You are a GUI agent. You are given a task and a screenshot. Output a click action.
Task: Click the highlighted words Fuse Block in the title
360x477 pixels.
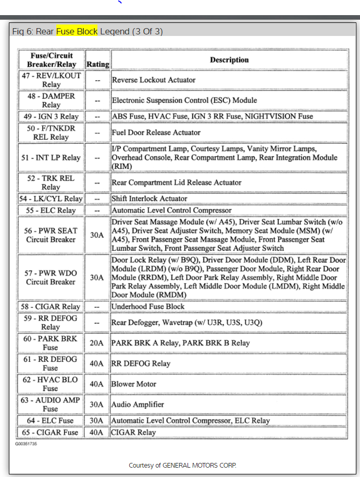(77, 31)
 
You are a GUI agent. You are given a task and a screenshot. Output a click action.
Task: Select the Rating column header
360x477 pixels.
(97, 64)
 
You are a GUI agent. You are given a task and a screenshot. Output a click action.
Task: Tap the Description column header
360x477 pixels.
(229, 60)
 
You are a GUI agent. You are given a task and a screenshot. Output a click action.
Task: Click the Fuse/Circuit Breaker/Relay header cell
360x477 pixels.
(51, 60)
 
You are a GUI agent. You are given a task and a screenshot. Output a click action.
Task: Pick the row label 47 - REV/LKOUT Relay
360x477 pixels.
(51, 80)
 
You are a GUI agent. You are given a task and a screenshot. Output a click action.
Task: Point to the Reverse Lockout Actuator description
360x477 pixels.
(154, 80)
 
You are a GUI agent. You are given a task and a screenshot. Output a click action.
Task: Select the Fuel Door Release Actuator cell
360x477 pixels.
(156, 132)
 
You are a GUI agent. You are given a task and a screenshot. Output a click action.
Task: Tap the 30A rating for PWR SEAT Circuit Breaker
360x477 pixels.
(97, 235)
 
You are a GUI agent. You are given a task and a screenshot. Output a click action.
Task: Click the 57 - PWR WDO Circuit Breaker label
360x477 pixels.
(51, 277)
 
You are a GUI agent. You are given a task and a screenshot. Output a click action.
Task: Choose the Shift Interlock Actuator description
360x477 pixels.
(149, 199)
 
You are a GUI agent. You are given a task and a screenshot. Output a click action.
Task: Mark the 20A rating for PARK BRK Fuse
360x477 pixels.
(97, 343)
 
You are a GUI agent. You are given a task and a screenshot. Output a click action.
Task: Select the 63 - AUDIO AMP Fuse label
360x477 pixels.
(51, 404)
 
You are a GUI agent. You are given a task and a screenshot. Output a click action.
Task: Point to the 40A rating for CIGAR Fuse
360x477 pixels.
(97, 432)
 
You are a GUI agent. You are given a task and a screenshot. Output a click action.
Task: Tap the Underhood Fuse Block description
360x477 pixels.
(148, 307)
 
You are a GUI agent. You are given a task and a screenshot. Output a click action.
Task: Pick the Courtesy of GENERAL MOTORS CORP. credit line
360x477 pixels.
(182, 465)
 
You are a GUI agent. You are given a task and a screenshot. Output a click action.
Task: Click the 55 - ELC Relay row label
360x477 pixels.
(51, 210)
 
